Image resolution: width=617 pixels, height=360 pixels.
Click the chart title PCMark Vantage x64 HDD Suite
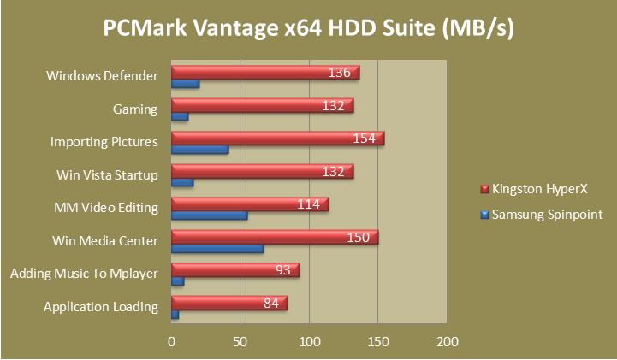[x=308, y=30]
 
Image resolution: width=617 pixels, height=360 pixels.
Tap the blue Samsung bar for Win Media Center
[x=217, y=249]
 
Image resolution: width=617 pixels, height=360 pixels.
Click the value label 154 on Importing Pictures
[x=365, y=139]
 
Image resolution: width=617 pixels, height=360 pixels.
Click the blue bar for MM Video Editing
[x=210, y=215]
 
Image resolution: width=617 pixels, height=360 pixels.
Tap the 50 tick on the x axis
[x=240, y=341]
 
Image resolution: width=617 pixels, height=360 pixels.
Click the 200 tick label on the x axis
[x=447, y=341]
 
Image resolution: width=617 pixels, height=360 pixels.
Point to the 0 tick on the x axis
[x=172, y=341]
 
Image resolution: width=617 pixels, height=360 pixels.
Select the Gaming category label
[x=135, y=109]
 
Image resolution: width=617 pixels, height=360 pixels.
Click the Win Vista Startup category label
[x=107, y=175]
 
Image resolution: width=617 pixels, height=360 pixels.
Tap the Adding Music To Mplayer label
[x=84, y=274]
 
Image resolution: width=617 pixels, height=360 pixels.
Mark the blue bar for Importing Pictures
[x=200, y=150]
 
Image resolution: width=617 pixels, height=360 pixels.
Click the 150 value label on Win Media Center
[x=359, y=237]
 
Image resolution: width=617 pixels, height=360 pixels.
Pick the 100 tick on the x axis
[x=309, y=341]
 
